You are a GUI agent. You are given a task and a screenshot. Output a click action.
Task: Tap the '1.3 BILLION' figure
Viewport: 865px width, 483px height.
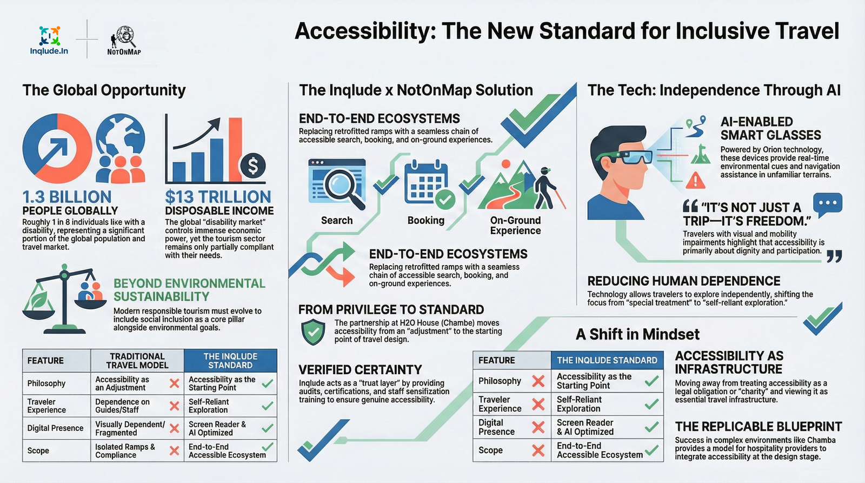(67, 197)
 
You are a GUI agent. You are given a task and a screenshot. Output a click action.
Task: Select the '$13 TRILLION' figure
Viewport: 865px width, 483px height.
(218, 197)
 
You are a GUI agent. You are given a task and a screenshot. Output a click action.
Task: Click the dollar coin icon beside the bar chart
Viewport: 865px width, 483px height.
(252, 166)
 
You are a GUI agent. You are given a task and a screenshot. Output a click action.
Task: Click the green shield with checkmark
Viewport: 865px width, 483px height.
(313, 332)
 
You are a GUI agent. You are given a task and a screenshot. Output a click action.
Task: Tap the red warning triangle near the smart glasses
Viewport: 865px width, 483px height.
(695, 180)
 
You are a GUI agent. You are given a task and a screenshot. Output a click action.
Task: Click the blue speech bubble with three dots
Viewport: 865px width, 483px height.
(827, 204)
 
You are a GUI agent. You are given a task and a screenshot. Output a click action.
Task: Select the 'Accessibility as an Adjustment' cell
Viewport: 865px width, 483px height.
(123, 383)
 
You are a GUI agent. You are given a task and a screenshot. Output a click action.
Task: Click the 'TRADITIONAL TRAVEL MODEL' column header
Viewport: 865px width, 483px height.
(137, 361)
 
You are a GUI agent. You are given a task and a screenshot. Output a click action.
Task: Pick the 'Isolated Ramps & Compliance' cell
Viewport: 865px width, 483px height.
(125, 451)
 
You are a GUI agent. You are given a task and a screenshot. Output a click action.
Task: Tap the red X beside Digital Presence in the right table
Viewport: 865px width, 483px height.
(538, 427)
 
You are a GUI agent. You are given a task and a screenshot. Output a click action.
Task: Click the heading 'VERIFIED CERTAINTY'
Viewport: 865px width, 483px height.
(360, 370)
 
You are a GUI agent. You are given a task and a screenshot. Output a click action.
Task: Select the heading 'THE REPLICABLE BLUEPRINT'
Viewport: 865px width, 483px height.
(758, 427)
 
